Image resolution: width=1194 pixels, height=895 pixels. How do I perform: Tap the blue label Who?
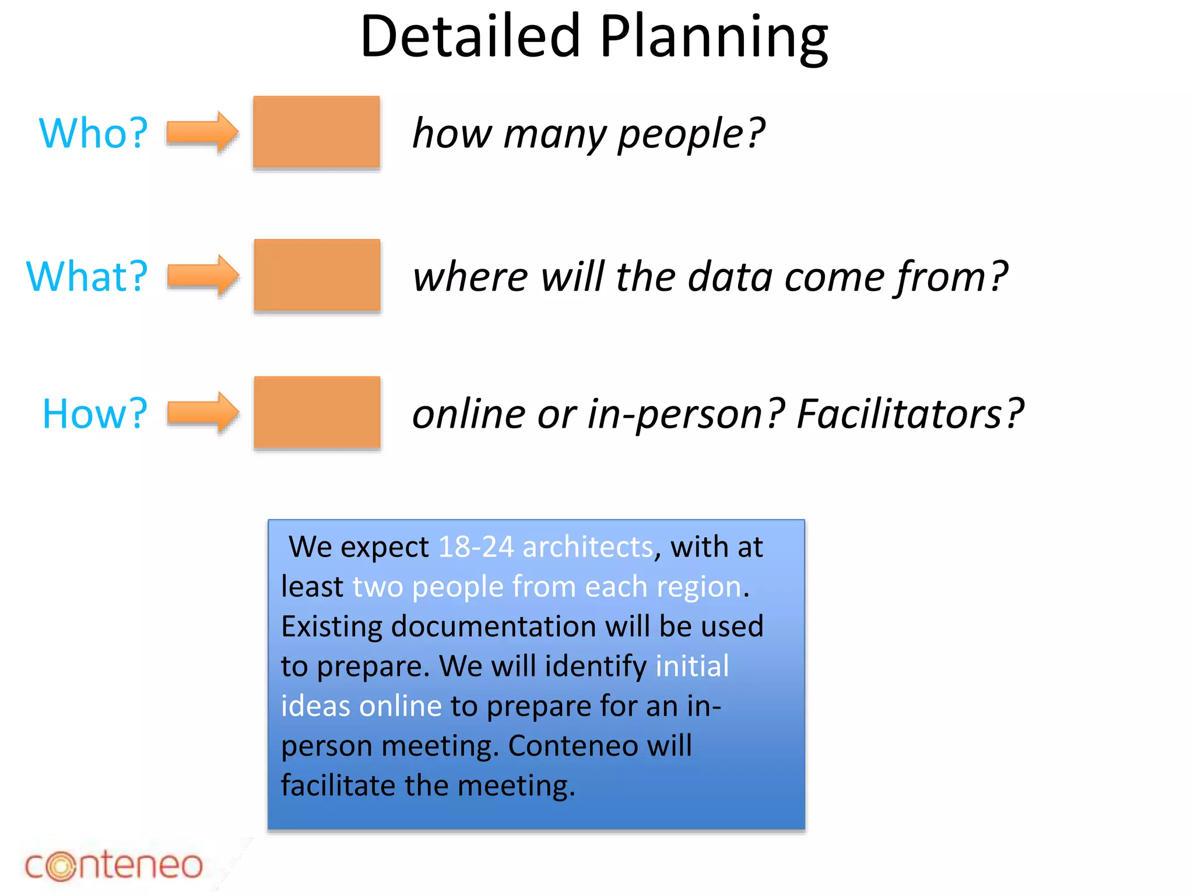[93, 133]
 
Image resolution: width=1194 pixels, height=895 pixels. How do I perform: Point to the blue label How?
[95, 414]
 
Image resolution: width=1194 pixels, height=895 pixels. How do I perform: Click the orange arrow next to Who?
[202, 132]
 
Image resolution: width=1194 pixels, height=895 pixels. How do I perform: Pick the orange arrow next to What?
[203, 275]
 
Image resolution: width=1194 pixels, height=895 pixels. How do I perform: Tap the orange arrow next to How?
[203, 413]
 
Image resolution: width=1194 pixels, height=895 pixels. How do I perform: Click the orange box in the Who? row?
[317, 132]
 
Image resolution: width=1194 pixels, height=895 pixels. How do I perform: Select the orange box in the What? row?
[317, 275]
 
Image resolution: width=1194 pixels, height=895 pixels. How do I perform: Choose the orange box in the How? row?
[317, 413]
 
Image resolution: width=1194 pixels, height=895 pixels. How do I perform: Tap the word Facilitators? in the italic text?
[909, 414]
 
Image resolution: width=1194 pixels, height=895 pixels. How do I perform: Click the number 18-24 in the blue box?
[476, 547]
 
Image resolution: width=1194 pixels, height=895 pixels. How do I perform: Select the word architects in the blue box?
[588, 547]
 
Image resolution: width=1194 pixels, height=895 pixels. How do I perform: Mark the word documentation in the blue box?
[493, 627]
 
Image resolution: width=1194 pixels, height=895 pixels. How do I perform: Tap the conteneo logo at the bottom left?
[114, 865]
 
